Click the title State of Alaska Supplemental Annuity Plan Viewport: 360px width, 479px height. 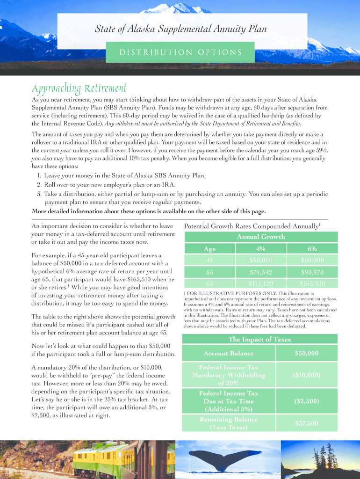point(181,29)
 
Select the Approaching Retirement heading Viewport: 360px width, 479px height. point(79,88)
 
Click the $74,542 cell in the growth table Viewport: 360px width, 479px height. point(260,272)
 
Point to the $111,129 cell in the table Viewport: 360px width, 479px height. point(260,284)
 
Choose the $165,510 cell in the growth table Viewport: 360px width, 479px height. point(312,284)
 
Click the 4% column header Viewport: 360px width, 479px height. point(260,248)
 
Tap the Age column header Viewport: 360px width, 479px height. point(209,248)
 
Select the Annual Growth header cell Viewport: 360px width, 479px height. point(260,237)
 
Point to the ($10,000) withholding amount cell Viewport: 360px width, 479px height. point(307,375)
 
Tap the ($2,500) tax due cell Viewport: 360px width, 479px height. point(307,401)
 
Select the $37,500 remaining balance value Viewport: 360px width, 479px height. point(307,423)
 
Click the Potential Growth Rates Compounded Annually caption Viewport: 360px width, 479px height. point(252,226)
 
